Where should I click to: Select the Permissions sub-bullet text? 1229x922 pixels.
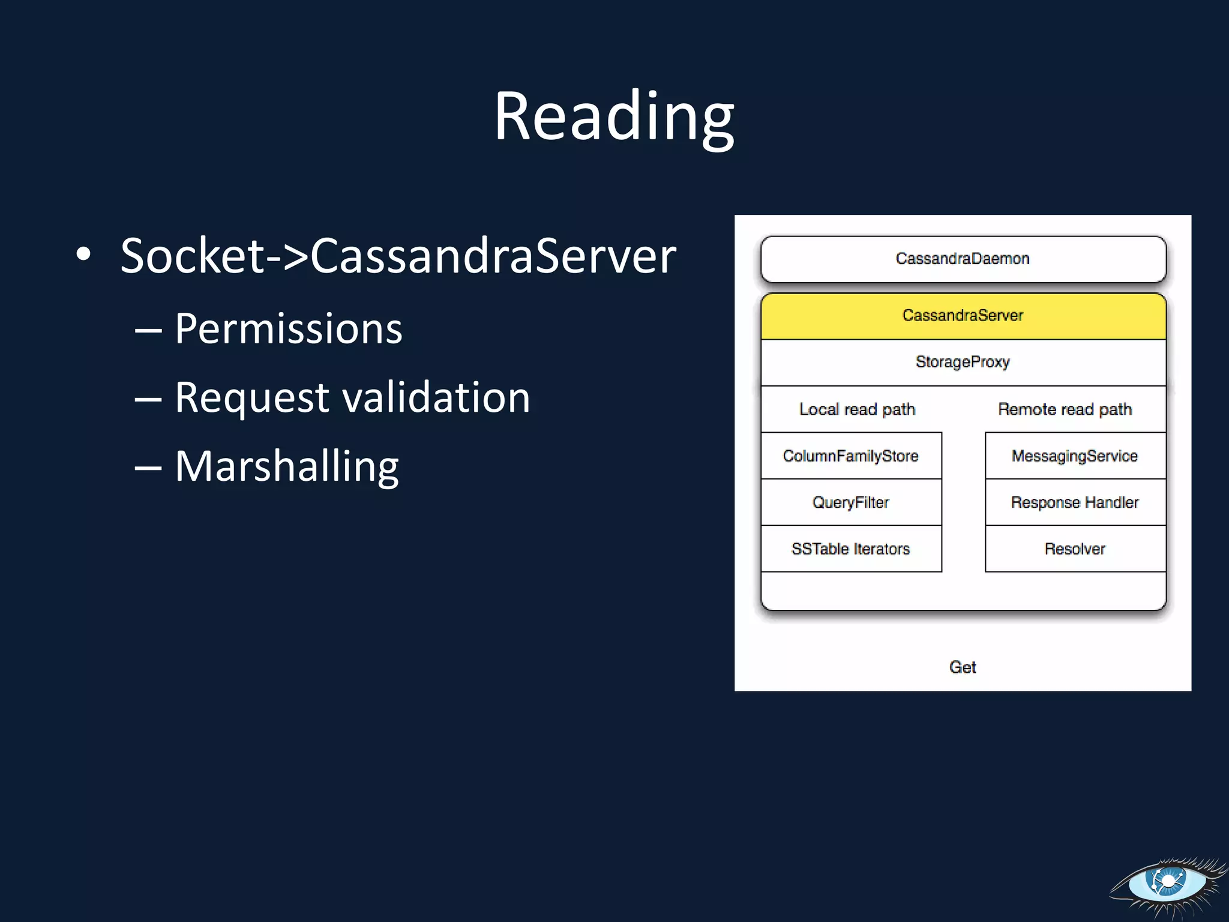click(x=288, y=329)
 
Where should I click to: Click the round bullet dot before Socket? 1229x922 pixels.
click(x=83, y=255)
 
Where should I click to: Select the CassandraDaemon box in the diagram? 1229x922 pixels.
click(x=963, y=259)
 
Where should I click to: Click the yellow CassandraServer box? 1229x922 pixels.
click(x=963, y=316)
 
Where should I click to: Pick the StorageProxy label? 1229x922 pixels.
click(x=963, y=362)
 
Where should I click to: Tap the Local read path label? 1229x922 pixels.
click(x=857, y=409)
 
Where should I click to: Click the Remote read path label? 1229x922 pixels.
click(x=1065, y=409)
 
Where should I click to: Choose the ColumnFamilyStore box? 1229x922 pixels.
click(x=850, y=456)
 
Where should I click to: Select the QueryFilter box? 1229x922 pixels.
click(x=850, y=502)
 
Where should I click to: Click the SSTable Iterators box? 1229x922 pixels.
click(x=850, y=549)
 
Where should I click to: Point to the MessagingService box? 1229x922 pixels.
click(x=1074, y=456)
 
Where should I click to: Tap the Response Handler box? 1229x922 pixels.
click(x=1074, y=502)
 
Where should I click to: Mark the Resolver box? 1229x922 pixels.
click(x=1074, y=549)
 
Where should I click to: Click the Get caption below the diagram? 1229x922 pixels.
click(x=963, y=667)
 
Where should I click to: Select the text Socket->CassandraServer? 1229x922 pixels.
click(x=398, y=256)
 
